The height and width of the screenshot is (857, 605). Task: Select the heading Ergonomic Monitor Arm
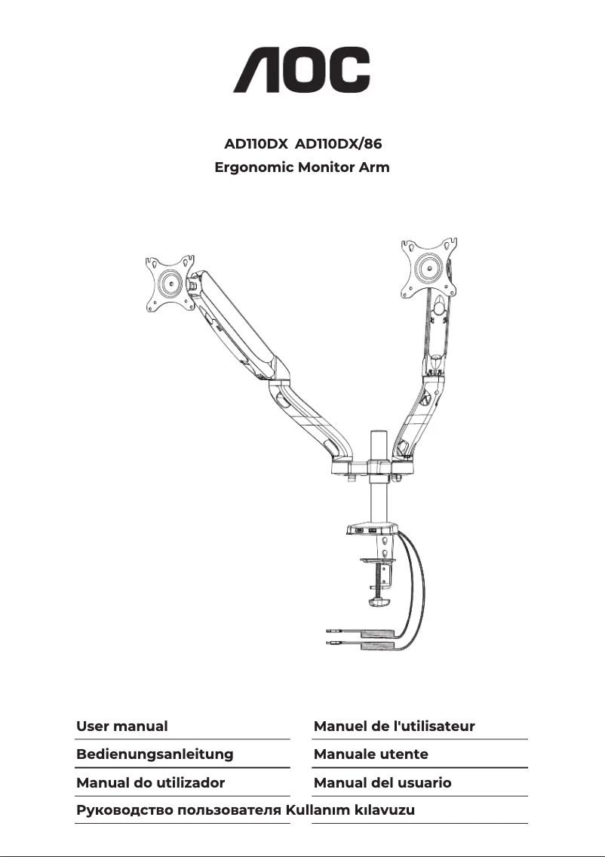point(302,167)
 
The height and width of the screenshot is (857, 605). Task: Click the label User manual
point(122,726)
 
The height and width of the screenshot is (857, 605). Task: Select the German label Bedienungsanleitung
point(155,754)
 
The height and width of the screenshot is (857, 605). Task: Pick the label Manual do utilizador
point(150,782)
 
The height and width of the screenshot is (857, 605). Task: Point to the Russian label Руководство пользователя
point(180,810)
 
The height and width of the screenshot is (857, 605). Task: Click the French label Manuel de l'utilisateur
point(394,726)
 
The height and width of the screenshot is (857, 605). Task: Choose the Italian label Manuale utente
point(370,754)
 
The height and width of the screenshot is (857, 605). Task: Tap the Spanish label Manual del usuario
point(382,782)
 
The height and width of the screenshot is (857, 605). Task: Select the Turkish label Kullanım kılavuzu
point(352,810)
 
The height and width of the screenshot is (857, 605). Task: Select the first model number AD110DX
point(256,143)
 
